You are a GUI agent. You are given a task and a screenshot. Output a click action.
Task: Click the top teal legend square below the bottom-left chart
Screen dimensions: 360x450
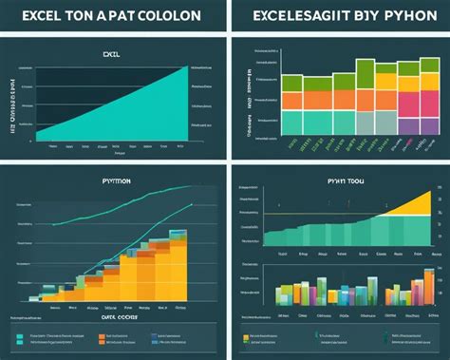(20, 334)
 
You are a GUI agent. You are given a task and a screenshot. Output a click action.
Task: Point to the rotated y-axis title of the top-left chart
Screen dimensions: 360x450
(13, 104)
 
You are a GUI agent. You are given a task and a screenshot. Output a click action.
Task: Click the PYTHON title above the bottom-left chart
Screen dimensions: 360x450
(114, 179)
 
